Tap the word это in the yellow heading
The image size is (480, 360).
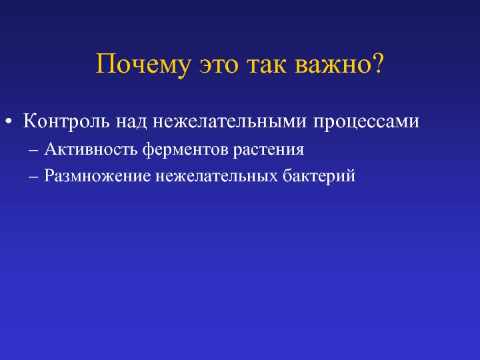click(219, 67)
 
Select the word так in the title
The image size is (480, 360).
click(267, 67)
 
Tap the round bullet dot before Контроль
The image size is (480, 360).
click(9, 121)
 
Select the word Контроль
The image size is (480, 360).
click(66, 121)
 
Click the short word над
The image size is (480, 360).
click(131, 122)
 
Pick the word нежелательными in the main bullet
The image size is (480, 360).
click(229, 122)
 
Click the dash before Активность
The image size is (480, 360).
click(33, 150)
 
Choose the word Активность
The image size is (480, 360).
click(91, 149)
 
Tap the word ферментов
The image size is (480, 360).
click(185, 150)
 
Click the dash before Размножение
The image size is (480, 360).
click(33, 177)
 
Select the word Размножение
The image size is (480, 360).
click(97, 176)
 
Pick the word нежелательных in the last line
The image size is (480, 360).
click(217, 177)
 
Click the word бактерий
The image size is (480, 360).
click(319, 176)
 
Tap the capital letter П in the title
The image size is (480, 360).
click(106, 64)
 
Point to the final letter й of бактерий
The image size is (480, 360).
click(351, 175)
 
